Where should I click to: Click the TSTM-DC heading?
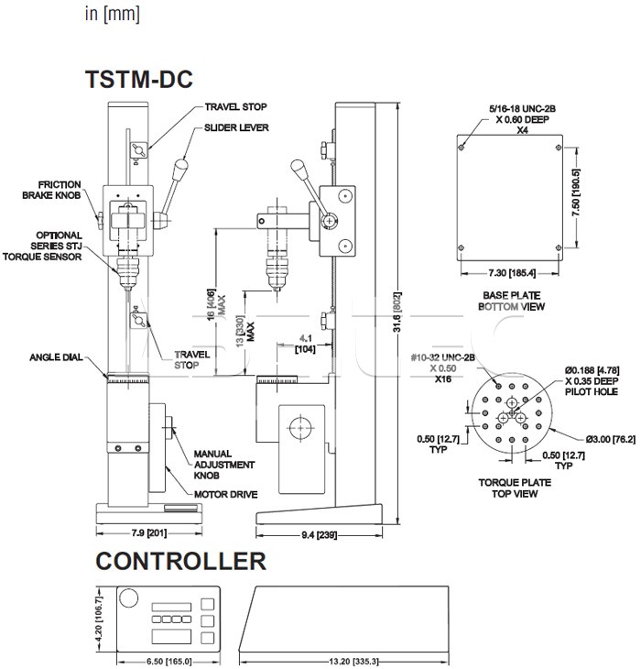(x=138, y=80)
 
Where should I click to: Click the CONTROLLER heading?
(x=180, y=561)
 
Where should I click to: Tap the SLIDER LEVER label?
(x=236, y=127)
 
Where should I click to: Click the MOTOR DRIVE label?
(x=225, y=494)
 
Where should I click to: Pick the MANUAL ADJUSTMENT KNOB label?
(x=212, y=465)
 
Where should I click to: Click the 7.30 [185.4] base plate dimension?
(x=511, y=273)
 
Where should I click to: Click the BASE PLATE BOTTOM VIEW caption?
(x=513, y=301)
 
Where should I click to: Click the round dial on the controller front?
(x=129, y=598)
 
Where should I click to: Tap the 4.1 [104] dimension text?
(x=308, y=344)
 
